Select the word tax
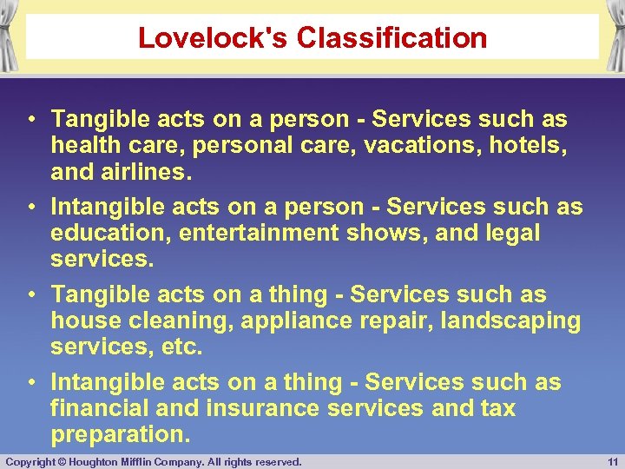tap(497, 408)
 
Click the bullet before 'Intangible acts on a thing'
tap(30, 382)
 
